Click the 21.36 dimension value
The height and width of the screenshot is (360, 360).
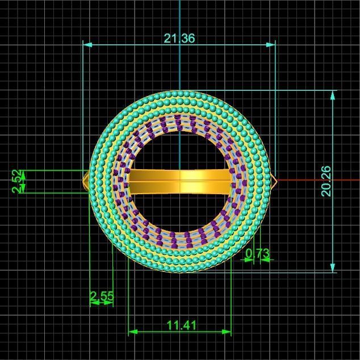pos(179,39)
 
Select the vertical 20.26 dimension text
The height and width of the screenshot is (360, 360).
pos(326,181)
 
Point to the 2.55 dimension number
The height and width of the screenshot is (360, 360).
pos(102,296)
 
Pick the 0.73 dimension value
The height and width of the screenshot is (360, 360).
pos(258,253)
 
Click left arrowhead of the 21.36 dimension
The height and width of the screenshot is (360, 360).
pos(87,44)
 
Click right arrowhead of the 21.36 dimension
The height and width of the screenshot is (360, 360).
pos(272,44)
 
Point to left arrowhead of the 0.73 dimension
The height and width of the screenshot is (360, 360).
pos(248,260)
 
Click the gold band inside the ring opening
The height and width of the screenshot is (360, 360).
pos(179,183)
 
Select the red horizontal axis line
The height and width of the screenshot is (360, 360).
pos(324,180)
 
